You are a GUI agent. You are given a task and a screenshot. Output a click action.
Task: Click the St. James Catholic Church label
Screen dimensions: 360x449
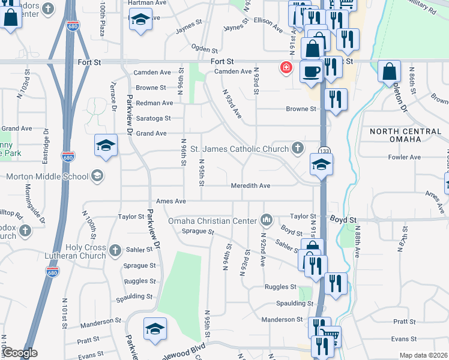point(239,149)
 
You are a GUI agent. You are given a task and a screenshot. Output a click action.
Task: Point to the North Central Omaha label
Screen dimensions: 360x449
point(406,136)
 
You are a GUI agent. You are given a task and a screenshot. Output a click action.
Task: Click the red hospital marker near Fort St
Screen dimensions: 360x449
point(286,67)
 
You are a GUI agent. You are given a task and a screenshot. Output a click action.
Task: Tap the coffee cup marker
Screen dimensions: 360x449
point(310,71)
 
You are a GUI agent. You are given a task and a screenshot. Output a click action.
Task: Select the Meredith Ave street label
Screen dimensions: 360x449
point(250,186)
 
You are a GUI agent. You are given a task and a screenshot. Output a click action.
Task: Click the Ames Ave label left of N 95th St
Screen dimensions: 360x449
point(170,201)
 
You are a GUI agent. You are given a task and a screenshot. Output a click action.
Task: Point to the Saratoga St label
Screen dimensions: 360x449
point(153,118)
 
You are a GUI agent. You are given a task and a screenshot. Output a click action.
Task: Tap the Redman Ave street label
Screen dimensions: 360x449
point(154,103)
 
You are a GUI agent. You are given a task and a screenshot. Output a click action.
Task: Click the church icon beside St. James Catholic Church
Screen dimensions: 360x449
point(297,148)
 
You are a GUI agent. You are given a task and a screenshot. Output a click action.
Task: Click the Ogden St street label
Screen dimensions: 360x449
point(204,48)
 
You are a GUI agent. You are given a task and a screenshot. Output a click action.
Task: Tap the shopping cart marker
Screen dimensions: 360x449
point(330,337)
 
